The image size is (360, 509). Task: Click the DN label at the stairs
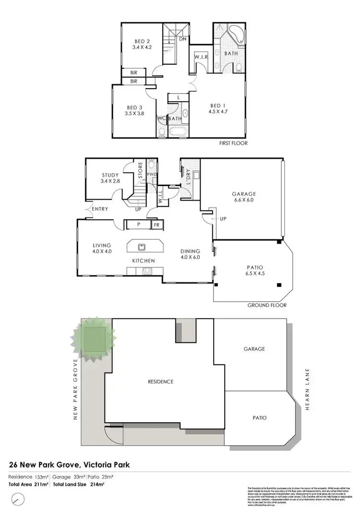[183, 39]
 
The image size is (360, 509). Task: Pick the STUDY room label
[110, 175]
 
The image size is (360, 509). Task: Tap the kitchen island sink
[142, 248]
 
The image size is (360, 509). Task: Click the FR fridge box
[156, 225]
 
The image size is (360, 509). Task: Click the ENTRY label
[99, 209]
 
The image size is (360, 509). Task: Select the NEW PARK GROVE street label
[75, 389]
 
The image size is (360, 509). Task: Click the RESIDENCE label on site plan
[160, 382]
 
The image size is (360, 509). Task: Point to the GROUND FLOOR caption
[267, 305]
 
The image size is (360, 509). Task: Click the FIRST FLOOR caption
[232, 143]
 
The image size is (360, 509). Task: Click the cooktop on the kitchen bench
[146, 271]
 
